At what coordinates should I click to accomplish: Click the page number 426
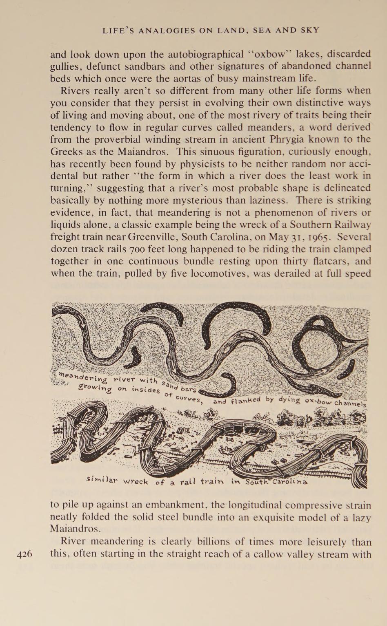pyautogui.click(x=24, y=554)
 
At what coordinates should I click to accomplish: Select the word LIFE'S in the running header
pyautogui.click(x=118, y=30)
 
